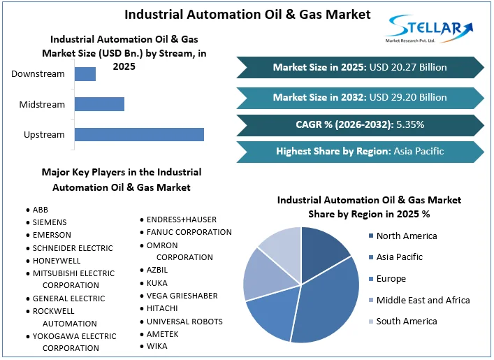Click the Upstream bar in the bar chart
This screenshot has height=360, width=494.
point(139,134)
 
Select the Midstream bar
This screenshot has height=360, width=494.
point(99,104)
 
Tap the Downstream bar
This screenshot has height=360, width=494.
point(85,73)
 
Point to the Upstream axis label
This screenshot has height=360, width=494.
point(44,134)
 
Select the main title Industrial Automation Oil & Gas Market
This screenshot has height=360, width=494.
point(247,14)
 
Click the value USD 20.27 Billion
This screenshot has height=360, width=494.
point(408,68)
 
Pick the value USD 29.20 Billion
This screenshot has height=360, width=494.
point(408,97)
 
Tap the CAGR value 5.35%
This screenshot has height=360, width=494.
point(409,124)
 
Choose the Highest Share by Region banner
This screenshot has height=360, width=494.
point(359,151)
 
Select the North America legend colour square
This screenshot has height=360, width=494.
point(370,236)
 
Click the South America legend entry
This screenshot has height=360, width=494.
point(406,321)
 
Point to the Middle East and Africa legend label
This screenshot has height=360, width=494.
point(423,300)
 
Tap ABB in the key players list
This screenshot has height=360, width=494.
point(41,210)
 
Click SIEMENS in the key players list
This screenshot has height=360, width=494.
point(50,222)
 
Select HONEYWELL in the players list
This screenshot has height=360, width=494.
point(56,260)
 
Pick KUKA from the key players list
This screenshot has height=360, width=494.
point(157,283)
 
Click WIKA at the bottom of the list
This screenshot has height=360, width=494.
point(157,346)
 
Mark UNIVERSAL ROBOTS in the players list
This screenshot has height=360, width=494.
point(184,321)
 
